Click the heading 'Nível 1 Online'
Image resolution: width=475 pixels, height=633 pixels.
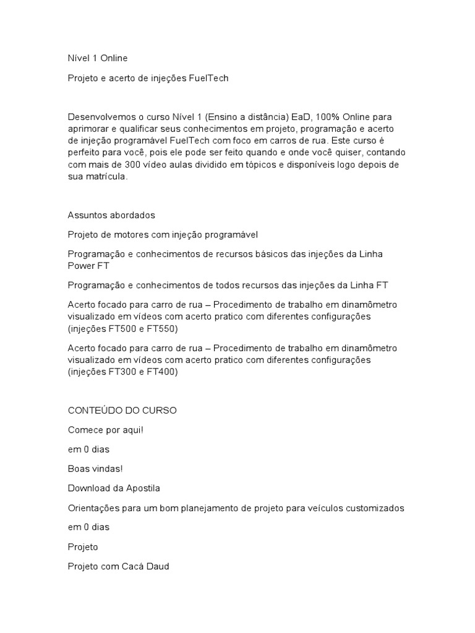(97, 58)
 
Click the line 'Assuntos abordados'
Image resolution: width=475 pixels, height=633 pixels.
(111, 215)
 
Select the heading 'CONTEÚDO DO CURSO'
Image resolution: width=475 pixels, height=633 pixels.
(122, 410)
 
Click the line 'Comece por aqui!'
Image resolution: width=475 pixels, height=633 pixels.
(105, 430)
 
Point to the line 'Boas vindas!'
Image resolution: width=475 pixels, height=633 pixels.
(95, 469)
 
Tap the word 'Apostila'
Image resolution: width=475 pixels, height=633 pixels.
(142, 488)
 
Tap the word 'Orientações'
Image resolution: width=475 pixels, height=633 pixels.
(94, 508)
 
